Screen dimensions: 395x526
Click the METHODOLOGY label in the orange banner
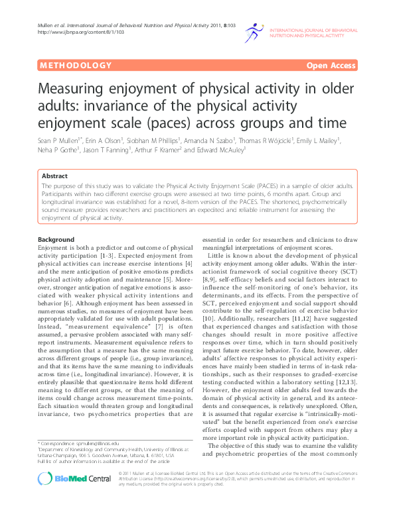(76, 66)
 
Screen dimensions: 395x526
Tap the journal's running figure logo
(254, 31)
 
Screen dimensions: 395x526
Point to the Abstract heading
(54, 177)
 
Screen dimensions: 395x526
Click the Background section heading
(56, 239)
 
